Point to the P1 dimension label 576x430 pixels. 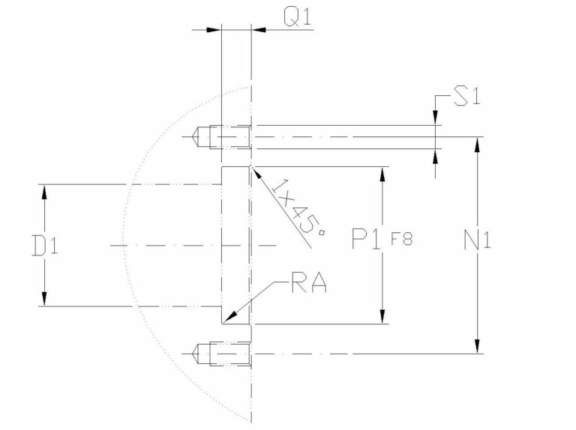368,240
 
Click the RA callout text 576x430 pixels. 307,285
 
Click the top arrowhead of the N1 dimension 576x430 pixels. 475,144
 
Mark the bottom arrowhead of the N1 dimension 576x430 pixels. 475,345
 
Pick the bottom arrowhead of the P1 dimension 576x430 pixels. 384,317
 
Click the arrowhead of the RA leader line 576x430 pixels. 229,318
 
